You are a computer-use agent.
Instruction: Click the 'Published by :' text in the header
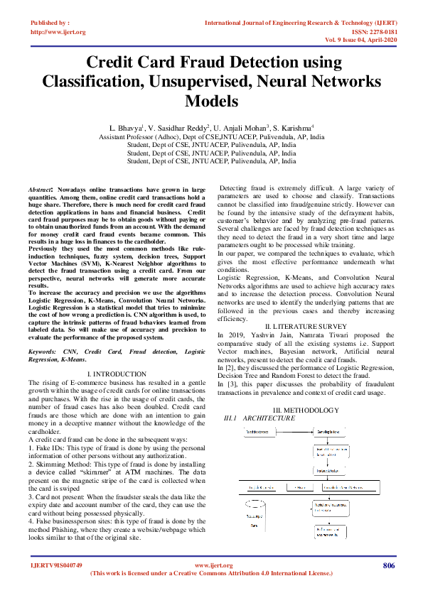50,23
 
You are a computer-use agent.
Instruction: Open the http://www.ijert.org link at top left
58,32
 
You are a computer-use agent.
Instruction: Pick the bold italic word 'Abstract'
40,191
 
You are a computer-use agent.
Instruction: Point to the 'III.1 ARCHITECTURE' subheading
259,418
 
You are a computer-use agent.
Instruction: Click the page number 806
388,565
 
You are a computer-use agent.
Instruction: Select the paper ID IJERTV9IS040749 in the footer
56,566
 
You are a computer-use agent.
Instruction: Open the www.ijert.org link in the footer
212,566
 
